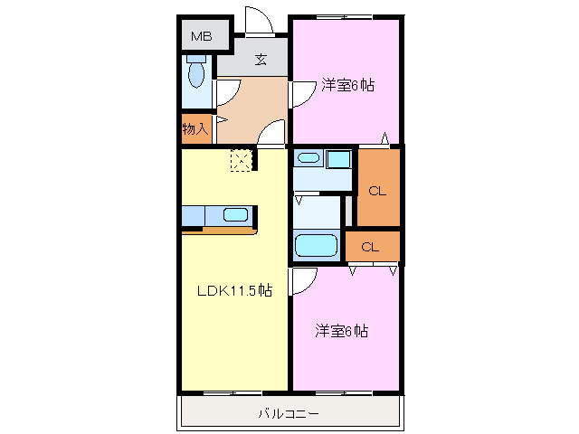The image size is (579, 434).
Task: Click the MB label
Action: (x=200, y=37)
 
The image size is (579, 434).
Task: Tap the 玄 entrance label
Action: (x=261, y=61)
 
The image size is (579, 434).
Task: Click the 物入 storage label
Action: (x=195, y=129)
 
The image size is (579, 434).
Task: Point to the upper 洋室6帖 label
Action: (x=346, y=86)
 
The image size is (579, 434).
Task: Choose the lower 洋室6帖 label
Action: (x=341, y=331)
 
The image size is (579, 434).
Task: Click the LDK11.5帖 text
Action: (x=234, y=291)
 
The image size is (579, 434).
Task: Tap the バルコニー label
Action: (x=289, y=413)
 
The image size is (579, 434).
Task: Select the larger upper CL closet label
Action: (x=377, y=191)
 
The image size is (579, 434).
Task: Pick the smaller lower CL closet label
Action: (x=370, y=247)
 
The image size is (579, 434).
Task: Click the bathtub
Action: (x=316, y=245)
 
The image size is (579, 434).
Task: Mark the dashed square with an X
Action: (x=242, y=161)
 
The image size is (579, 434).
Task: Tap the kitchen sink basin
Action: (x=235, y=215)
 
